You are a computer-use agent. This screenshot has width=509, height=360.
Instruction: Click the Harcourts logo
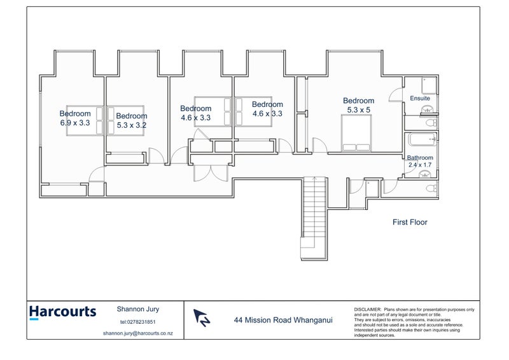click(62, 312)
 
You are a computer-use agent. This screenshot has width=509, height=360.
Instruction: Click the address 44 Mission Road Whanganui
click(279, 321)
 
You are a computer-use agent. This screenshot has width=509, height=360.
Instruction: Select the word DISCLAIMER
click(367, 308)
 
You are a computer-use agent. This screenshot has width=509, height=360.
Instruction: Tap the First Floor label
click(409, 223)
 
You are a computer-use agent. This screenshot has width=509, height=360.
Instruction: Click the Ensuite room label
click(419, 99)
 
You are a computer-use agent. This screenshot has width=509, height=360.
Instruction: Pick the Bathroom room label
click(420, 158)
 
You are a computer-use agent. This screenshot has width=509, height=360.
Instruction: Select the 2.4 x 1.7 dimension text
click(420, 165)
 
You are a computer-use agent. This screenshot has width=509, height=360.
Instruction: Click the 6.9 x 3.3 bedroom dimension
click(75, 123)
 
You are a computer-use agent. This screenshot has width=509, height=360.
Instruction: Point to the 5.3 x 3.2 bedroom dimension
click(131, 125)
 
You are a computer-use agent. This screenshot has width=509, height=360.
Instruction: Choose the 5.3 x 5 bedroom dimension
click(358, 109)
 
